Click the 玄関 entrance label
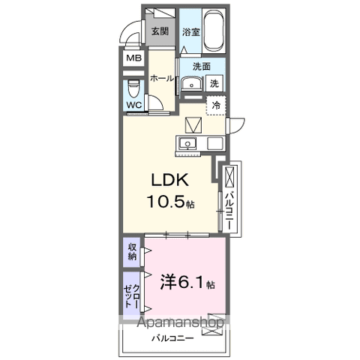tap(160, 31)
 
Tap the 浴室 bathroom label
tap(191, 32)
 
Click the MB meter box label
tap(133, 58)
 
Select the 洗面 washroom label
tap(201, 66)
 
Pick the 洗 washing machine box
tap(214, 84)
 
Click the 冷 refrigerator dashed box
tap(215, 106)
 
